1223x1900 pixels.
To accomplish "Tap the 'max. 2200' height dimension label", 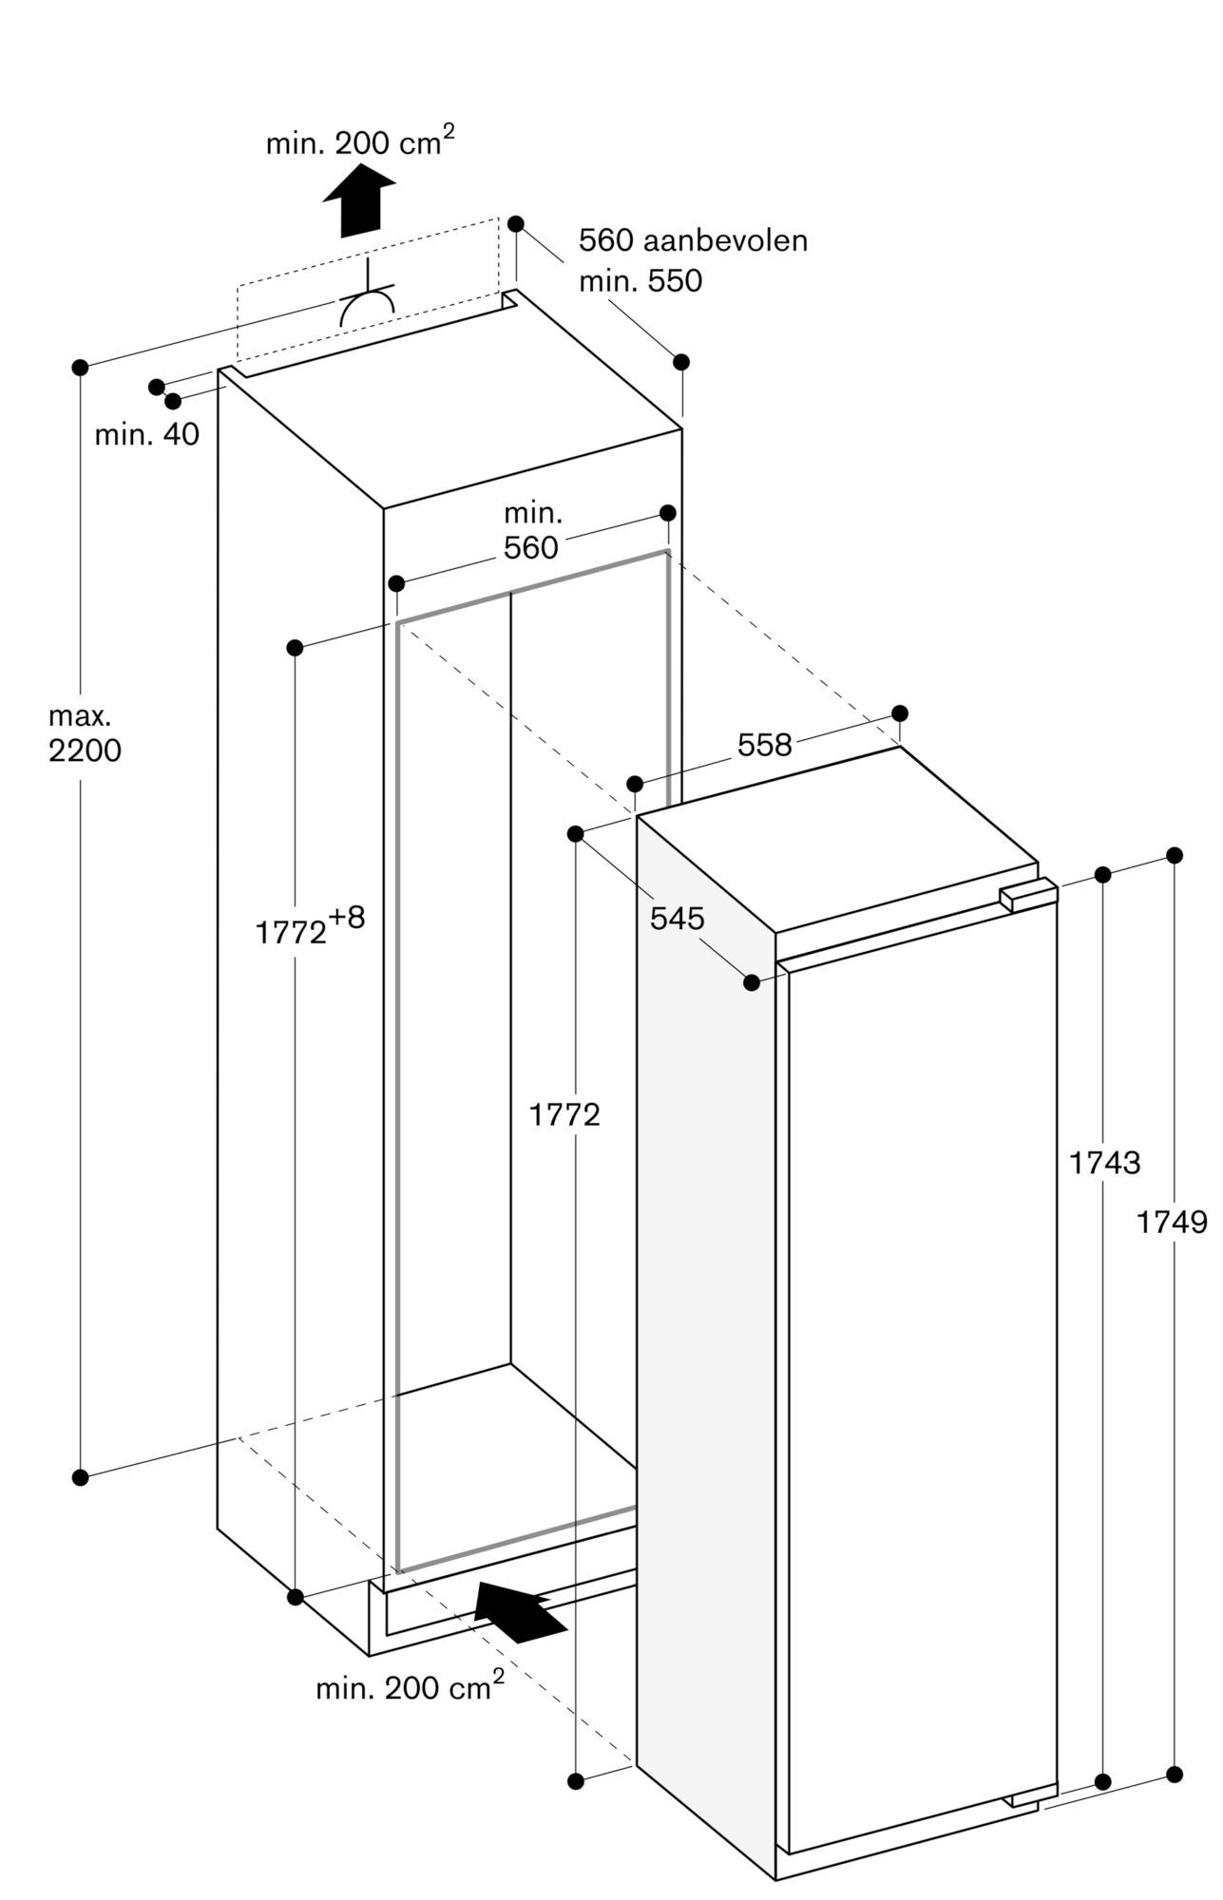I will pos(85,734).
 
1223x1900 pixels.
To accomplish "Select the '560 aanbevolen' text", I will pos(693,240).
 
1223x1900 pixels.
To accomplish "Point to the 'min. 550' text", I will pos(640,281).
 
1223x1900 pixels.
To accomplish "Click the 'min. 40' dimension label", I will pos(147,435).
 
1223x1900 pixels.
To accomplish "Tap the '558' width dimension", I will pos(764,746).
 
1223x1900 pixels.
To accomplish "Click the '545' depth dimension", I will pos(677,918).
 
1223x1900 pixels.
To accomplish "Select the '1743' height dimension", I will pos(1104,1162).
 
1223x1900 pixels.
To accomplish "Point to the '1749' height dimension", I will pos(1172,1223).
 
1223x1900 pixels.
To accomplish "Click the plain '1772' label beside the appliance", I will pos(564,1114).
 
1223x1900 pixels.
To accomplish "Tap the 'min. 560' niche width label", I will pos(532,531).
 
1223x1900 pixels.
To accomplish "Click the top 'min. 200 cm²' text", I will pos(359,142).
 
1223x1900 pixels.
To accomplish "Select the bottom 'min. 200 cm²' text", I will pos(410,1687).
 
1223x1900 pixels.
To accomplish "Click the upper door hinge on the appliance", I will pos(1027,894).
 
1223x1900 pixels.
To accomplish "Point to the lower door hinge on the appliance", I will pos(1033,1791).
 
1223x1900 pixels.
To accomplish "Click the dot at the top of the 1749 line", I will pos(1175,855).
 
